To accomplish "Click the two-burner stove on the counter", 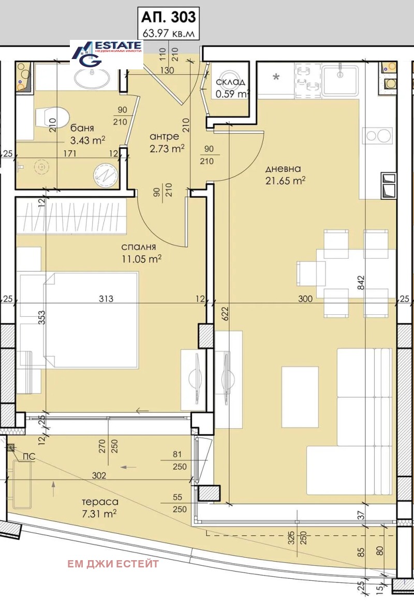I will pos(378,136).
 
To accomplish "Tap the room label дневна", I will pos(283,169).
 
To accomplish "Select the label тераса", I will pos(100,502).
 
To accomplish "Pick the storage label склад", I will pos(231,82).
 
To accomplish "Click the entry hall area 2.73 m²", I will pos(167,148).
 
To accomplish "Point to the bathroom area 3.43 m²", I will pos(88,139).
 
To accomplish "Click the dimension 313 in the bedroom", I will pos(106,299).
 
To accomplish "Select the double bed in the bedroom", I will pos(91,320).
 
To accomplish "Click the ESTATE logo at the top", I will pos(107,53).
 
